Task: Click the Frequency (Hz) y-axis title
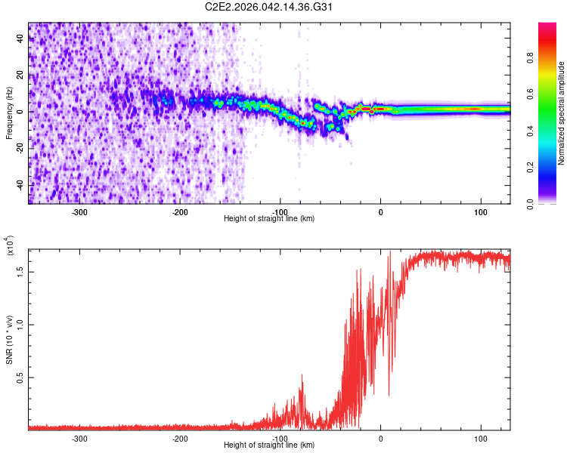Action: [9, 113]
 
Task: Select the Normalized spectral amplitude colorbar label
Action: [562, 113]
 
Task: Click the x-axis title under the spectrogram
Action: [269, 219]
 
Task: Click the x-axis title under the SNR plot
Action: [269, 445]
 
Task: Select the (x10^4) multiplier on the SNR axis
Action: [9, 246]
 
